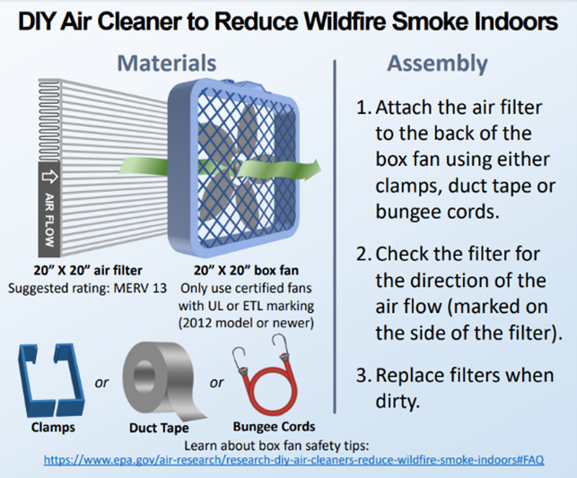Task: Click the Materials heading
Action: [167, 63]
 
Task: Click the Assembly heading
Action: [438, 65]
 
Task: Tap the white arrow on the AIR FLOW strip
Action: [49, 177]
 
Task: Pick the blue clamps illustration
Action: [51, 380]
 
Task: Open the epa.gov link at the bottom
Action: [293, 460]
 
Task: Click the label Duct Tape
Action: [159, 428]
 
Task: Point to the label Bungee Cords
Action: [275, 427]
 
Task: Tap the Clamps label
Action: [53, 427]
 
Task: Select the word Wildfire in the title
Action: [345, 22]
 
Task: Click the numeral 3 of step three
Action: [363, 376]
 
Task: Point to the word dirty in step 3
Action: [398, 401]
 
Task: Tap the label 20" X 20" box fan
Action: [246, 270]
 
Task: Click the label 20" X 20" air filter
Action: [88, 270]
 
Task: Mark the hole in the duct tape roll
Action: [144, 376]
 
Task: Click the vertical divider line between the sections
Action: [335, 237]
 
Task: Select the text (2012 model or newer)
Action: [246, 323]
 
